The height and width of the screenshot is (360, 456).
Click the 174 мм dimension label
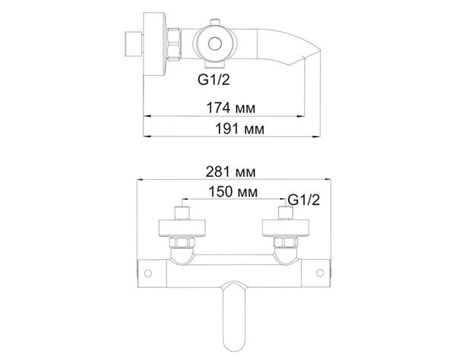coord(230,108)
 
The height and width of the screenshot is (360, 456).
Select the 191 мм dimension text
coord(239,128)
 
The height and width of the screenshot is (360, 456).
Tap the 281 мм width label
coord(230,172)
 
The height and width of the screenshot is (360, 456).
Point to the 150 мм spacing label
coord(233,191)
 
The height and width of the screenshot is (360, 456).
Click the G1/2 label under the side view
coord(214,79)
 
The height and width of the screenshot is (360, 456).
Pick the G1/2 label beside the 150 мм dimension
coord(303,200)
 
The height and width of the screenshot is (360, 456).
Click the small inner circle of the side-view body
coord(215,44)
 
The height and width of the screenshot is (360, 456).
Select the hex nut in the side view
coord(174,44)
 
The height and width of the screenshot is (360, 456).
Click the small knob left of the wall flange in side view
coord(134,44)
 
